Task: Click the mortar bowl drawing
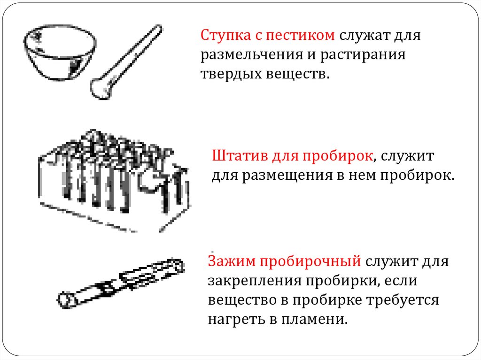tap(60, 53)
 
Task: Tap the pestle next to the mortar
tap(126, 62)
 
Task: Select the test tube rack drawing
tap(114, 181)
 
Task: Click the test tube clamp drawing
tap(121, 283)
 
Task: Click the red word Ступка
tap(225, 36)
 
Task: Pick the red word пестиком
tap(300, 36)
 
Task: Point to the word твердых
tap(231, 74)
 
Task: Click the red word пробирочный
tap(310, 262)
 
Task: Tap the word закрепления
tap(255, 281)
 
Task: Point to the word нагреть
tap(237, 320)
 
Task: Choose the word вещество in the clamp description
tap(242, 300)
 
